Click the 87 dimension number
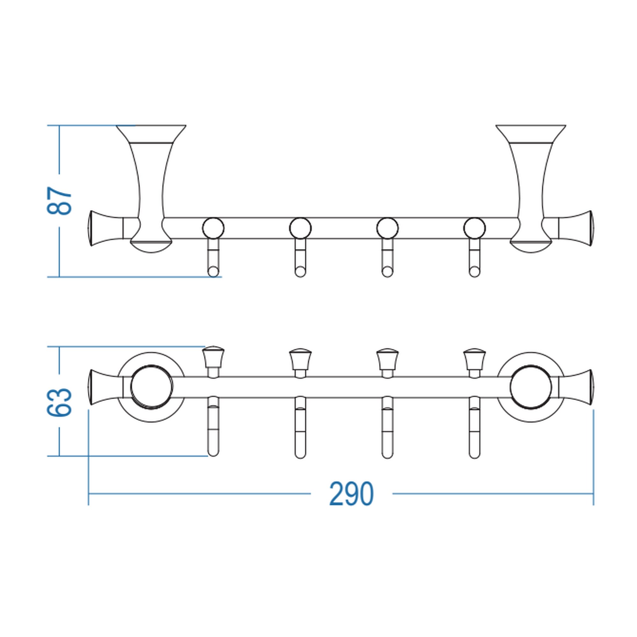pyautogui.click(x=59, y=201)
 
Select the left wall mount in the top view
pyautogui.click(x=151, y=189)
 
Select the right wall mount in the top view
pyautogui.click(x=531, y=189)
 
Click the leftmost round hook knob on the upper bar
pyautogui.click(x=213, y=228)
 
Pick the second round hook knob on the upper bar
pyautogui.click(x=300, y=228)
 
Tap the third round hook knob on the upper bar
pyautogui.click(x=387, y=228)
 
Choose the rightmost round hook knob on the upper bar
pyautogui.click(x=475, y=228)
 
